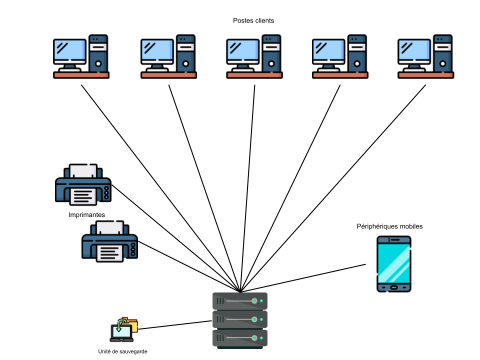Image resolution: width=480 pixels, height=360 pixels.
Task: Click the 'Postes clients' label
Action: (x=253, y=20)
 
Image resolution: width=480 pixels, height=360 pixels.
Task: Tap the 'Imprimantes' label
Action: (x=86, y=214)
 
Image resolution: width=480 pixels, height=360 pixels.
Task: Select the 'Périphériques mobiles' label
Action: (x=389, y=226)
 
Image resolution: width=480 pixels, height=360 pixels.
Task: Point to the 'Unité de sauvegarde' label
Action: (x=123, y=351)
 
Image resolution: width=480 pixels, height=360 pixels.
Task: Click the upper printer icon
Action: (x=83, y=184)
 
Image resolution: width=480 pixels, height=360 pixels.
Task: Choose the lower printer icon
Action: (x=109, y=242)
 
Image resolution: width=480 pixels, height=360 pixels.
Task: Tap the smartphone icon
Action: (x=394, y=264)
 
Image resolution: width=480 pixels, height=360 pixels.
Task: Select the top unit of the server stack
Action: (x=240, y=301)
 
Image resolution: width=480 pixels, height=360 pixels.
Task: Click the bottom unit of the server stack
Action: (x=240, y=338)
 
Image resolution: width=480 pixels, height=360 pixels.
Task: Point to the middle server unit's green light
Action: (x=254, y=319)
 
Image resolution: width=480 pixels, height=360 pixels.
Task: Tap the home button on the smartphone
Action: (x=394, y=287)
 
